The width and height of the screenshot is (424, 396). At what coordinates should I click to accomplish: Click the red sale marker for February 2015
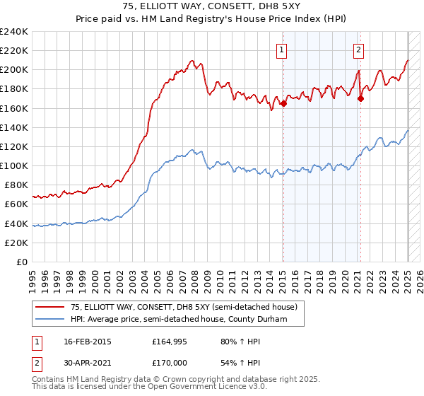click(x=283, y=103)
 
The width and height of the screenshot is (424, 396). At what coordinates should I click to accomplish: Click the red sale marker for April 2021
click(x=360, y=98)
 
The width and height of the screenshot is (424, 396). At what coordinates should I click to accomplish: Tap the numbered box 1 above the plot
click(x=282, y=49)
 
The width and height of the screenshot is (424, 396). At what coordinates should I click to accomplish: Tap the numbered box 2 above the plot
click(x=359, y=49)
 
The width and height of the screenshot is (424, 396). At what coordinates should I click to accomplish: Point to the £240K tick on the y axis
click(x=14, y=32)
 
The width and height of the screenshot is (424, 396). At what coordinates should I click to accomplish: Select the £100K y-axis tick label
click(x=14, y=165)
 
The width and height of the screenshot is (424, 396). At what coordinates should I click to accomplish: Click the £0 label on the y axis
click(x=22, y=262)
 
